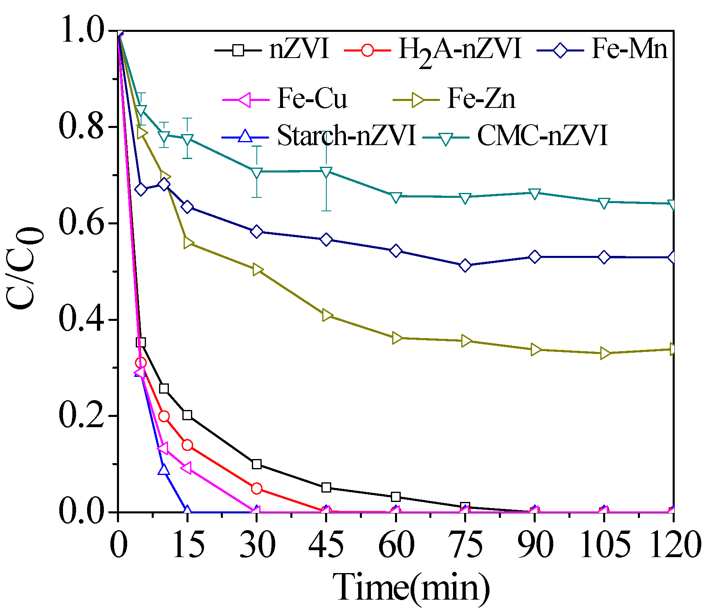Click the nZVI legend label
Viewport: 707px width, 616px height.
pyautogui.click(x=299, y=49)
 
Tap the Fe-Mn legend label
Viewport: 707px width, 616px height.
pyautogui.click(x=629, y=49)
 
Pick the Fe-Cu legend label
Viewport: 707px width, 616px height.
pyautogui.click(x=312, y=99)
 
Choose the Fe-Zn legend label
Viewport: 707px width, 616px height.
pyautogui.click(x=481, y=99)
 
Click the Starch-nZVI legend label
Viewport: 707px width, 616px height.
pyautogui.click(x=346, y=135)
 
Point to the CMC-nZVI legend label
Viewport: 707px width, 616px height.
pyautogui.click(x=542, y=135)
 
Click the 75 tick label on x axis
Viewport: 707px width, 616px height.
pyautogui.click(x=465, y=544)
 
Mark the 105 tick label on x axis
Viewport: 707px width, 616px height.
pyautogui.click(x=604, y=544)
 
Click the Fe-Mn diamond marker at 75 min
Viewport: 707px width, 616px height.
pyautogui.click(x=465, y=266)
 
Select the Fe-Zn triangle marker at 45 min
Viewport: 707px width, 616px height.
pyautogui.click(x=327, y=315)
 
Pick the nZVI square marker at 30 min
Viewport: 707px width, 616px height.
pyautogui.click(x=257, y=464)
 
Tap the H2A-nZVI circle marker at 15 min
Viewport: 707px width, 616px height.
pyautogui.click(x=187, y=445)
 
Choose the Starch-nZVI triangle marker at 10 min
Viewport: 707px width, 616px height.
pyautogui.click(x=164, y=469)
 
